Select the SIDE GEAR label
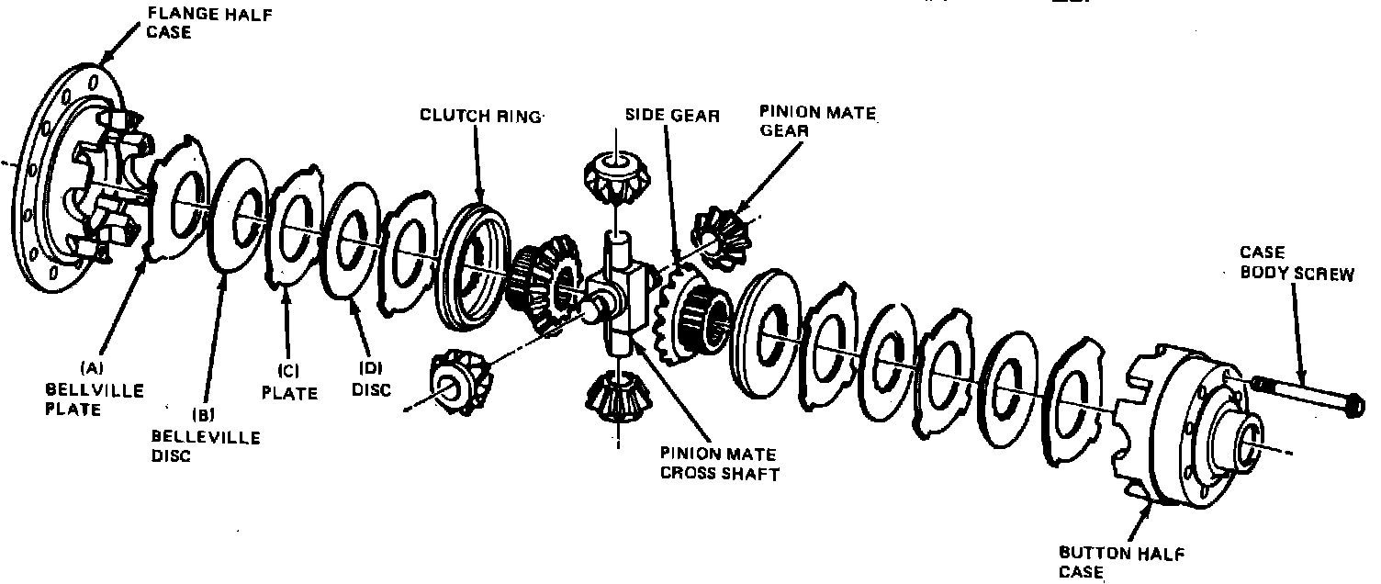click(672, 116)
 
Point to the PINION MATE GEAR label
click(817, 123)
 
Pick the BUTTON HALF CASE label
click(1120, 562)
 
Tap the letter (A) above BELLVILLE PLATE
click(92, 367)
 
